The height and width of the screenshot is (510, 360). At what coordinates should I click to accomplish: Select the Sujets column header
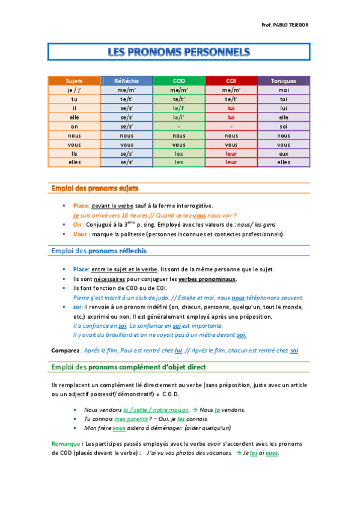pyautogui.click(x=74, y=81)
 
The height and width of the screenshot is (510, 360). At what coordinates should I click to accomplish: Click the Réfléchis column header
pyautogui.click(x=126, y=81)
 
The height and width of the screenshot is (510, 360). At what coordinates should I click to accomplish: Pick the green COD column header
pyautogui.click(x=179, y=81)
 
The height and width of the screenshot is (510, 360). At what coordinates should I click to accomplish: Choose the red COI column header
pyautogui.click(x=231, y=81)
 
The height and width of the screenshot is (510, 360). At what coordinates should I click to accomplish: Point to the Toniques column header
pyautogui.click(x=283, y=81)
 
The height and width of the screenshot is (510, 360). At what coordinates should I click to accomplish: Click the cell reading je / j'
pyautogui.click(x=74, y=90)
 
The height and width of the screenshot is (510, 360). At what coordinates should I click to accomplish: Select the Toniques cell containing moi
pyautogui.click(x=283, y=90)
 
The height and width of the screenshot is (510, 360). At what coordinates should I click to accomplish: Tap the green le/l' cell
pyautogui.click(x=179, y=108)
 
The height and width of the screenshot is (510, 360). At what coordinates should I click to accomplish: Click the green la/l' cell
pyautogui.click(x=179, y=117)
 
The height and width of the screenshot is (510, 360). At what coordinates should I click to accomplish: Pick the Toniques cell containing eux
pyautogui.click(x=283, y=153)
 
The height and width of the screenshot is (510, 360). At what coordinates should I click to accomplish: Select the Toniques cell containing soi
pyautogui.click(x=283, y=126)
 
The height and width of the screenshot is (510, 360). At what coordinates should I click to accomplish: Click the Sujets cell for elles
pyautogui.click(x=74, y=162)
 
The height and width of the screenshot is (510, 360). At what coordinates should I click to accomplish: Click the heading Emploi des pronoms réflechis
pyautogui.click(x=99, y=250)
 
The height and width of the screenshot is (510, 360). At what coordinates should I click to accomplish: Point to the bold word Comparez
pyautogui.click(x=65, y=350)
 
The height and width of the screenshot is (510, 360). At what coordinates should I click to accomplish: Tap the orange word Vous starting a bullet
pyautogui.click(x=81, y=234)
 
